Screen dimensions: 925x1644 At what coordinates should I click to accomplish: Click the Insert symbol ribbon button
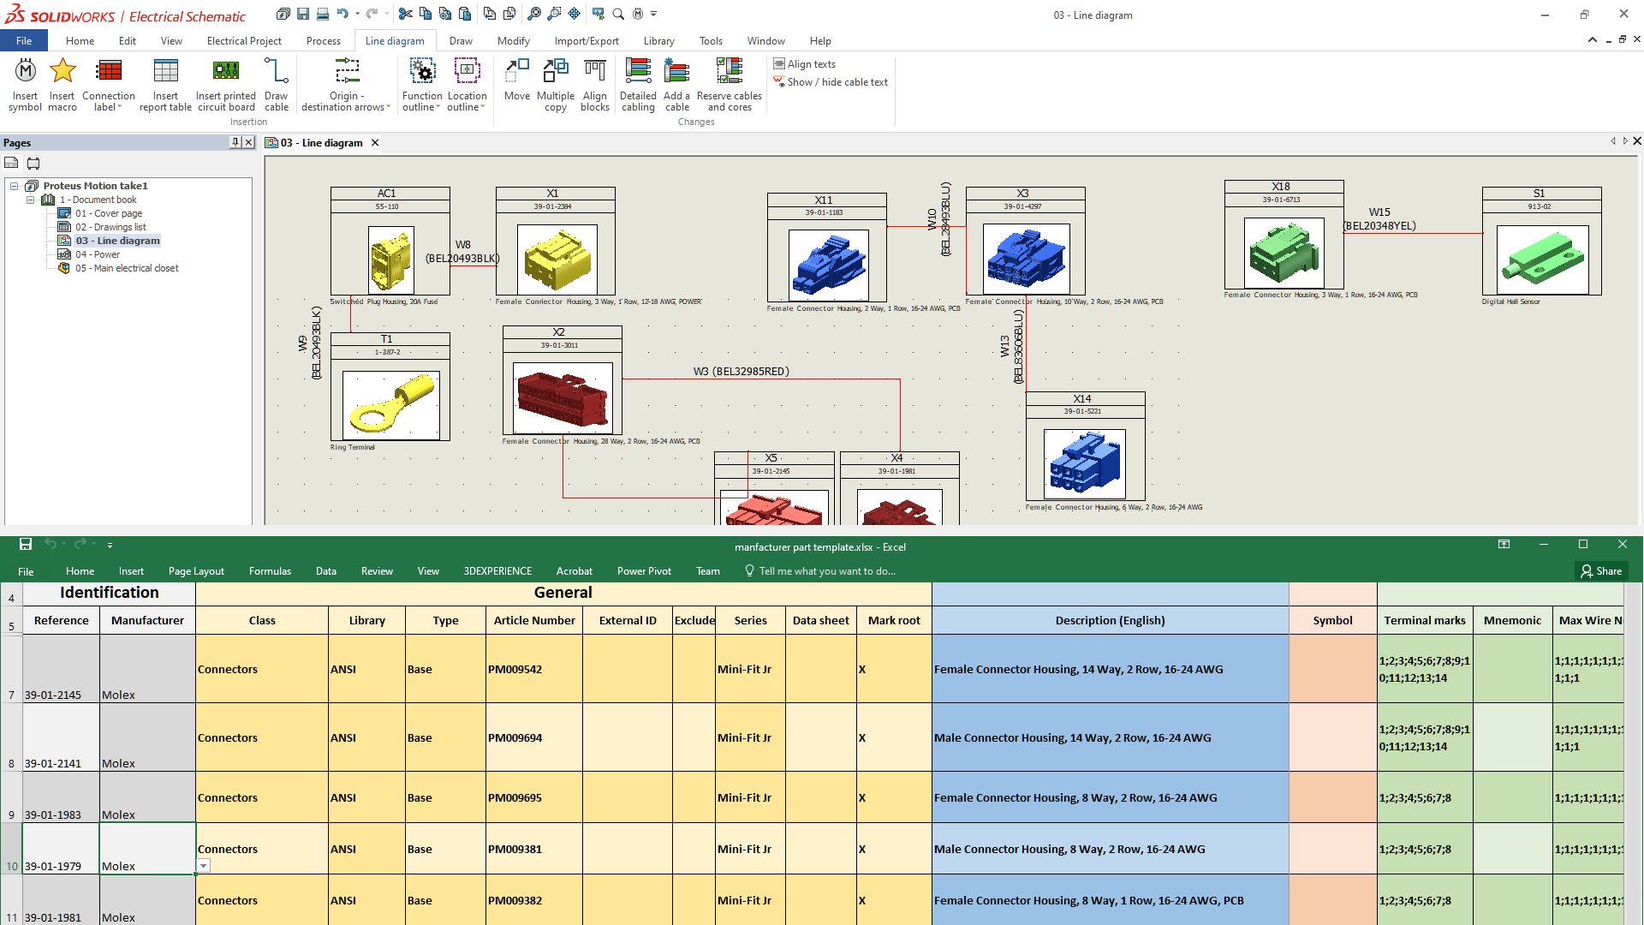point(25,84)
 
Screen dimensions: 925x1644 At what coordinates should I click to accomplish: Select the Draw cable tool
point(276,84)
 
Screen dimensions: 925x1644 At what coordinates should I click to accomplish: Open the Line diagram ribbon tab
point(394,41)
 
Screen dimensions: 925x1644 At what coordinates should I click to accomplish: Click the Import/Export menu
point(586,41)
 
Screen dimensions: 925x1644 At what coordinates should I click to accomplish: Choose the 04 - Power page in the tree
point(97,254)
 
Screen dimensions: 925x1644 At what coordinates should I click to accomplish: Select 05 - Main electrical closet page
point(126,268)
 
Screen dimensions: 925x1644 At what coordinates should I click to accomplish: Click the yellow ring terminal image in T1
point(390,404)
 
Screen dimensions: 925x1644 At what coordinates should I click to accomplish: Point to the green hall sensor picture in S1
point(1541,260)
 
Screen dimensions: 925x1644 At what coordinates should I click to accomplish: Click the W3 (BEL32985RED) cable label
point(741,372)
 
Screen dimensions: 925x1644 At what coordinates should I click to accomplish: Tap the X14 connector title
point(1082,399)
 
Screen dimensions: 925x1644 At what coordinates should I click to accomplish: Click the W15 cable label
point(1379,212)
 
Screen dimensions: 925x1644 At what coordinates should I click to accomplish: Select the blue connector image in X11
point(827,264)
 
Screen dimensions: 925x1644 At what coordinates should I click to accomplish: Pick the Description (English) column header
point(1110,621)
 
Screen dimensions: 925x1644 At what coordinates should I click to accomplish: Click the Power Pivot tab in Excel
point(644,571)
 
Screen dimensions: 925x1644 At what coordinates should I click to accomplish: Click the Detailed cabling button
point(638,84)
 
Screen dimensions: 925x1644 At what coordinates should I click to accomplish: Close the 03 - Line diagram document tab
point(375,143)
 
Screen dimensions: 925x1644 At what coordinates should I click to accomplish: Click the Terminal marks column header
point(1424,621)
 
